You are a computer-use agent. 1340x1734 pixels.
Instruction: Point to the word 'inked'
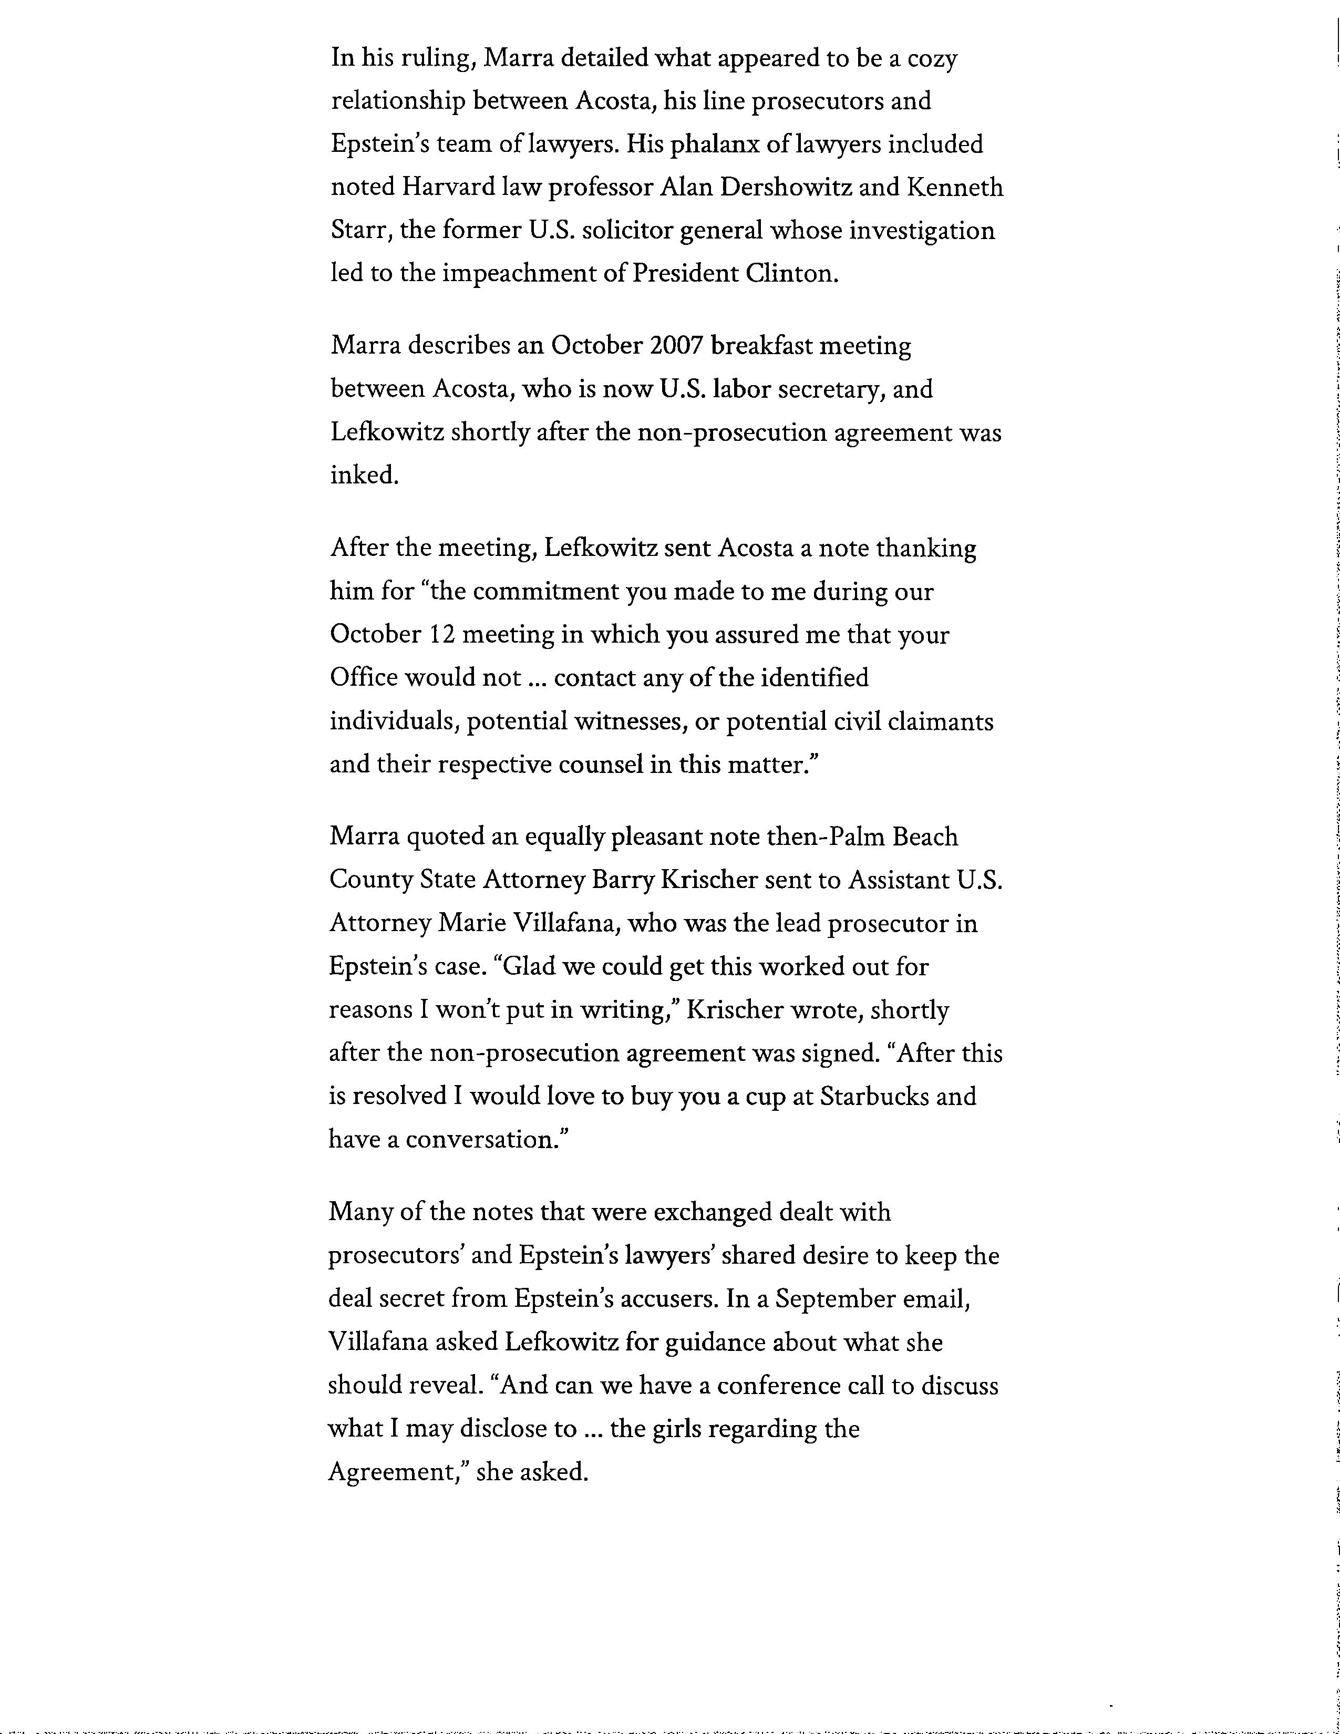coord(363,476)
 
